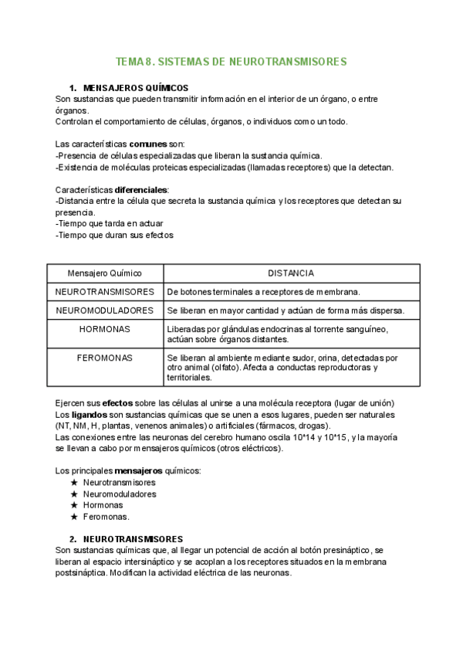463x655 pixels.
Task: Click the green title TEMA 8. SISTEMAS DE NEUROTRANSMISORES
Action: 231,61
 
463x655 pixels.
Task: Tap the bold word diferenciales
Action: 141,190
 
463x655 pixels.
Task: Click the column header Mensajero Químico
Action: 104,273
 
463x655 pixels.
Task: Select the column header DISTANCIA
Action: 290,273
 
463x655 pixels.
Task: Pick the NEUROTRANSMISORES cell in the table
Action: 104,292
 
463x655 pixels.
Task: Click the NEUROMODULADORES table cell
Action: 104,311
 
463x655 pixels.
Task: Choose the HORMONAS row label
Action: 104,329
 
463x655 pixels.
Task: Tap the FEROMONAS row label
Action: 104,358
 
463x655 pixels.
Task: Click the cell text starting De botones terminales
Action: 263,292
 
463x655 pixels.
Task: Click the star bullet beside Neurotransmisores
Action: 74,482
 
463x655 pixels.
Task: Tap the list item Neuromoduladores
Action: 120,494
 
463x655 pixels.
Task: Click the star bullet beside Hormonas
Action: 74,505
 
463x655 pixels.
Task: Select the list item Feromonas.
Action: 106,517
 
